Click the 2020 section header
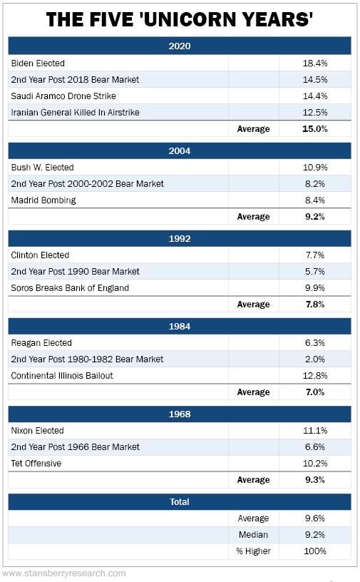pyautogui.click(x=180, y=46)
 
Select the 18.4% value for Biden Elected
pyautogui.click(x=314, y=63)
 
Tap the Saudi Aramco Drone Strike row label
pyautogui.click(x=63, y=96)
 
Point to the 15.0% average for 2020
pyautogui.click(x=314, y=129)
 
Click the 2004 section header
pyautogui.click(x=180, y=151)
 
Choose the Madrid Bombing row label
pyautogui.click(x=43, y=200)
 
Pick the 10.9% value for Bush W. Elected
pyautogui.click(x=314, y=168)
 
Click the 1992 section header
pyautogui.click(x=180, y=239)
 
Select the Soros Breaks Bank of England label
pyautogui.click(x=70, y=288)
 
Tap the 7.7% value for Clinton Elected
pyautogui.click(x=314, y=255)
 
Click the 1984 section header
pyautogui.click(x=180, y=326)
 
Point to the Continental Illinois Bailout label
pyautogui.click(x=62, y=376)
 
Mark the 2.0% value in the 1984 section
pyautogui.click(x=314, y=359)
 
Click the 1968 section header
pyautogui.click(x=180, y=414)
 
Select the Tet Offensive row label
pyautogui.click(x=36, y=463)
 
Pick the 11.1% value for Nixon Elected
pyautogui.click(x=314, y=431)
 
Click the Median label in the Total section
pyautogui.click(x=254, y=535)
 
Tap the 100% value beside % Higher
pyautogui.click(x=314, y=551)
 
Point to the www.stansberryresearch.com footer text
pyautogui.click(x=64, y=573)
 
